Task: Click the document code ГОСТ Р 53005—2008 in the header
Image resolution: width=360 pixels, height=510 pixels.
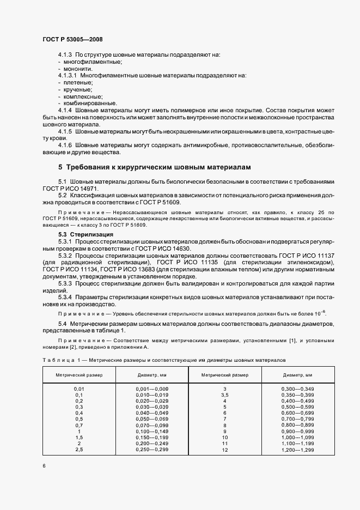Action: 72,40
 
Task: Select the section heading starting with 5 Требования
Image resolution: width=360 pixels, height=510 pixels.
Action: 154,166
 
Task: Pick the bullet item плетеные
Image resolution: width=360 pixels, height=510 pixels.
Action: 78,82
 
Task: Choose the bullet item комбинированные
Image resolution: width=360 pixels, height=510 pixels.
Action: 89,103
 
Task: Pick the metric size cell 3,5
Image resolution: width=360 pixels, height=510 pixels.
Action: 224,394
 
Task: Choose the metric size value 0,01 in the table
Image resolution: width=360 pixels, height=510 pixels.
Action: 79,388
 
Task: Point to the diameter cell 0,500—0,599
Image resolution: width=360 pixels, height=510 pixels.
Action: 297,406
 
